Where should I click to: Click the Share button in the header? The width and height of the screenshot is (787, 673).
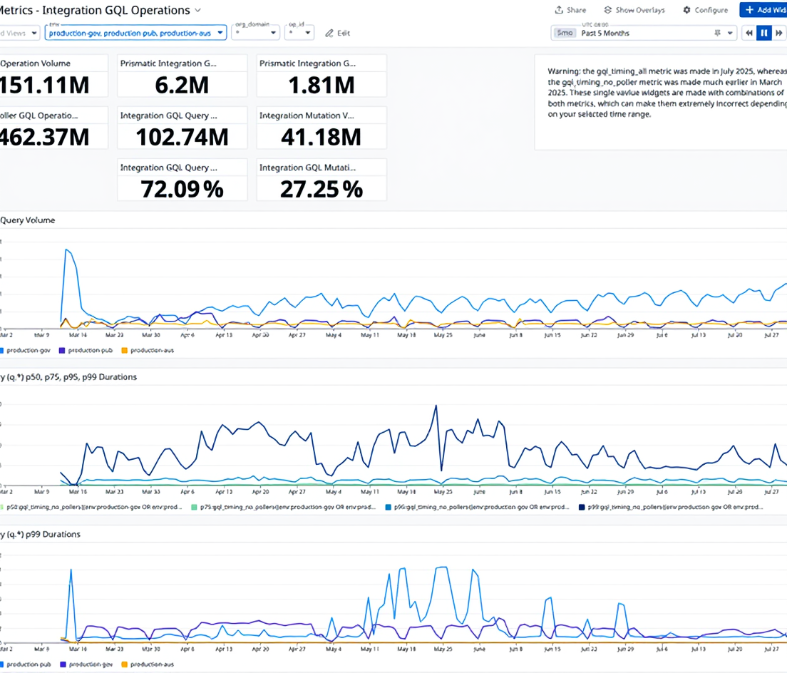point(570,10)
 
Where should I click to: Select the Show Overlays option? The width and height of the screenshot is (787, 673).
point(634,10)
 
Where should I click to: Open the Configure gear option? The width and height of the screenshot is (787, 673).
point(705,10)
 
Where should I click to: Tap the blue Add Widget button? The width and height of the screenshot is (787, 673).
point(764,10)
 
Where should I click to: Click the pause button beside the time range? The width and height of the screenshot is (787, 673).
point(763,33)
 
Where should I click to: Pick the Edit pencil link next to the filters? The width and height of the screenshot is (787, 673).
point(338,33)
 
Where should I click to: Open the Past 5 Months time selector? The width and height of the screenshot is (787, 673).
point(642,33)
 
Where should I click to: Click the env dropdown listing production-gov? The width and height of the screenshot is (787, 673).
point(136,33)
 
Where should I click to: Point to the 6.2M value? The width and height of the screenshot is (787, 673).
point(182,85)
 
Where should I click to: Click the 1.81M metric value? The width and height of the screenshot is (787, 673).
point(321,85)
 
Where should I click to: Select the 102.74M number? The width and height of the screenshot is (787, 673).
point(182,136)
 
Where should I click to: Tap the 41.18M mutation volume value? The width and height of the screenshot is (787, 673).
point(321,136)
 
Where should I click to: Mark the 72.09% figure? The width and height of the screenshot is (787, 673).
point(182,189)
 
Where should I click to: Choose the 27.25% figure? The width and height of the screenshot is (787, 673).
point(321,189)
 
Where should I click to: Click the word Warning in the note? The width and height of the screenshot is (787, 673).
point(563,71)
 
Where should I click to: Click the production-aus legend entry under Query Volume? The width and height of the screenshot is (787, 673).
point(149,350)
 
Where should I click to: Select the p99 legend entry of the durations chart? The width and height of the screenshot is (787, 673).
point(671,508)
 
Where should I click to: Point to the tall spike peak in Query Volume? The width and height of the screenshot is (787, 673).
point(66,250)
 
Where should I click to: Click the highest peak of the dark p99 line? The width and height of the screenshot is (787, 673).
point(435,406)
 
